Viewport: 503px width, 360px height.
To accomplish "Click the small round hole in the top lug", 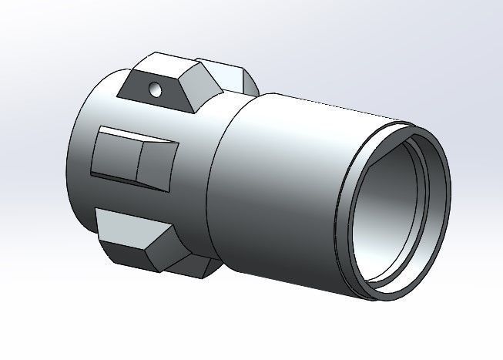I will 157,89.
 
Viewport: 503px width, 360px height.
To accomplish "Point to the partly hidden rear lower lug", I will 196,266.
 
